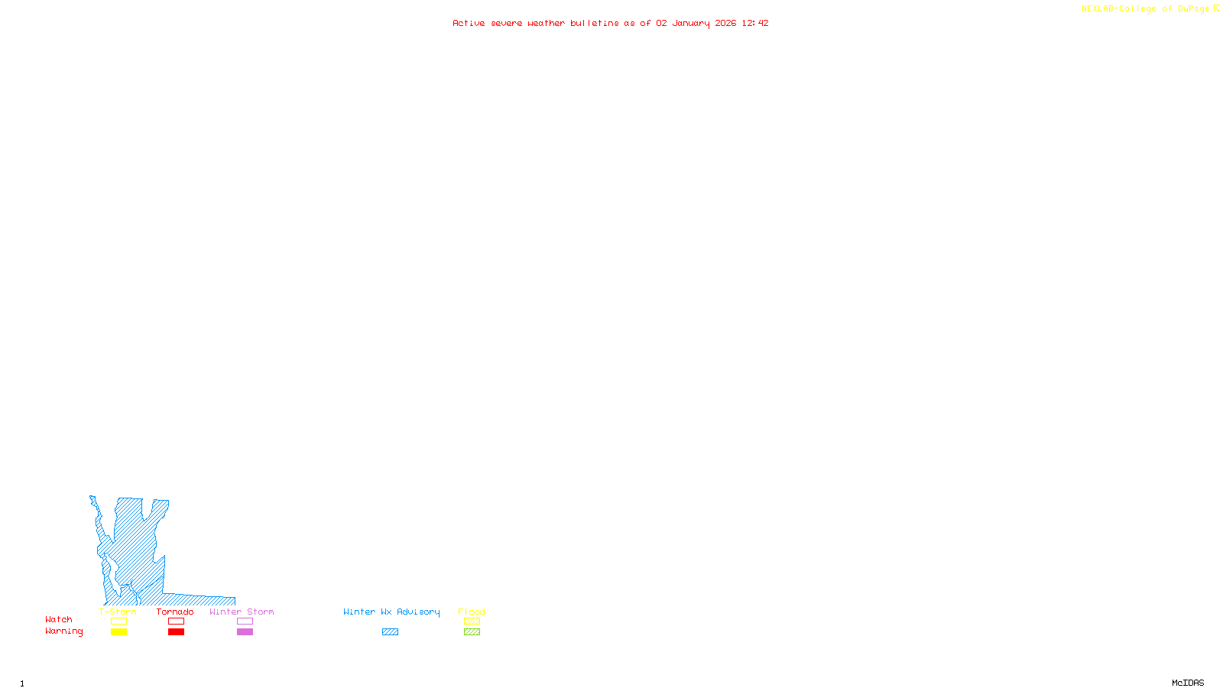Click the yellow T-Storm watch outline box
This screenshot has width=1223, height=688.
[118, 621]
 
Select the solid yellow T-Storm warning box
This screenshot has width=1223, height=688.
[118, 632]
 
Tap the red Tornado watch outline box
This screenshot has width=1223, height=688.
[176, 621]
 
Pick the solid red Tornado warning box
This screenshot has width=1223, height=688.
[176, 632]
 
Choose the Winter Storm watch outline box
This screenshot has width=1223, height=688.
[245, 621]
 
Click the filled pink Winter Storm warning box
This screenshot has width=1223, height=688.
[245, 632]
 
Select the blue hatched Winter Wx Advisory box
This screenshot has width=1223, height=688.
[390, 632]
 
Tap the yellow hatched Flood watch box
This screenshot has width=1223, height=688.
[472, 621]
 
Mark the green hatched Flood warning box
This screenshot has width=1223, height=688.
[472, 632]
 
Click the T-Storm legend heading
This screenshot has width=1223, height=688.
[118, 612]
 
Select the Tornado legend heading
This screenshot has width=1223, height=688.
[175, 612]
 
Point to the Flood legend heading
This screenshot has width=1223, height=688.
[472, 612]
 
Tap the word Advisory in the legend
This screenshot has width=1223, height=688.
[418, 612]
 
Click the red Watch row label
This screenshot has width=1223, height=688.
[59, 619]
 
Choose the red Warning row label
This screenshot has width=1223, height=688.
[63, 631]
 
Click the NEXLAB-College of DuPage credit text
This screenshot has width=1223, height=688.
[1146, 9]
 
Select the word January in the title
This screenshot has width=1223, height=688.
[691, 23]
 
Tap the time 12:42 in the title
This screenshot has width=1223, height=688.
[755, 23]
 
